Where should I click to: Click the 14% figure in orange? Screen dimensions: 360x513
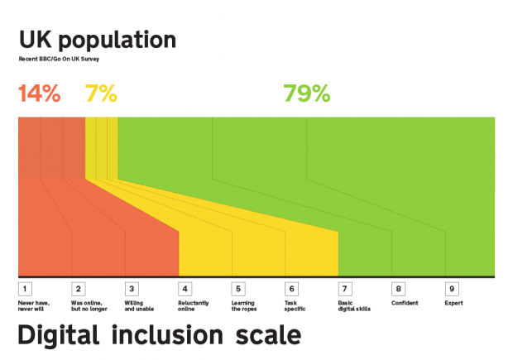point(39,94)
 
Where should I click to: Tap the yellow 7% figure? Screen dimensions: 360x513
point(101,94)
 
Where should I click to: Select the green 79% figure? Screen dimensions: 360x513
point(306,94)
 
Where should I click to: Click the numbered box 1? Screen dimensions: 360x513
point(25,289)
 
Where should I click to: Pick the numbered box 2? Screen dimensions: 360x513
point(78,289)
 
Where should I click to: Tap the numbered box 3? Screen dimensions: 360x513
point(131,289)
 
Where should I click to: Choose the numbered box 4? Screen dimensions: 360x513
point(185,289)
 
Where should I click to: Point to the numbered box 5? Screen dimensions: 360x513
point(237,289)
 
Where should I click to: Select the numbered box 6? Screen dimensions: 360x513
point(291,289)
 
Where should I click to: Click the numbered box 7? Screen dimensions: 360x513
point(344,289)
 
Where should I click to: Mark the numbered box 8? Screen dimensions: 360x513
point(398,289)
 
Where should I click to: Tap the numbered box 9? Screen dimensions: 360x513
point(451,289)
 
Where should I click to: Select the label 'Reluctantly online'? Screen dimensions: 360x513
point(192,305)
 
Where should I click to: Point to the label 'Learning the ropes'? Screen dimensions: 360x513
point(246,305)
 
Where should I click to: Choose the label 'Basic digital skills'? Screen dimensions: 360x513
point(354,305)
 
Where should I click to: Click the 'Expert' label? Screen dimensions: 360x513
point(453,303)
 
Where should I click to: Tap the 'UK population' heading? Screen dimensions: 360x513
point(97,40)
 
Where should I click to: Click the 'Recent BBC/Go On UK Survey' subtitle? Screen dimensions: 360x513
point(59,60)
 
